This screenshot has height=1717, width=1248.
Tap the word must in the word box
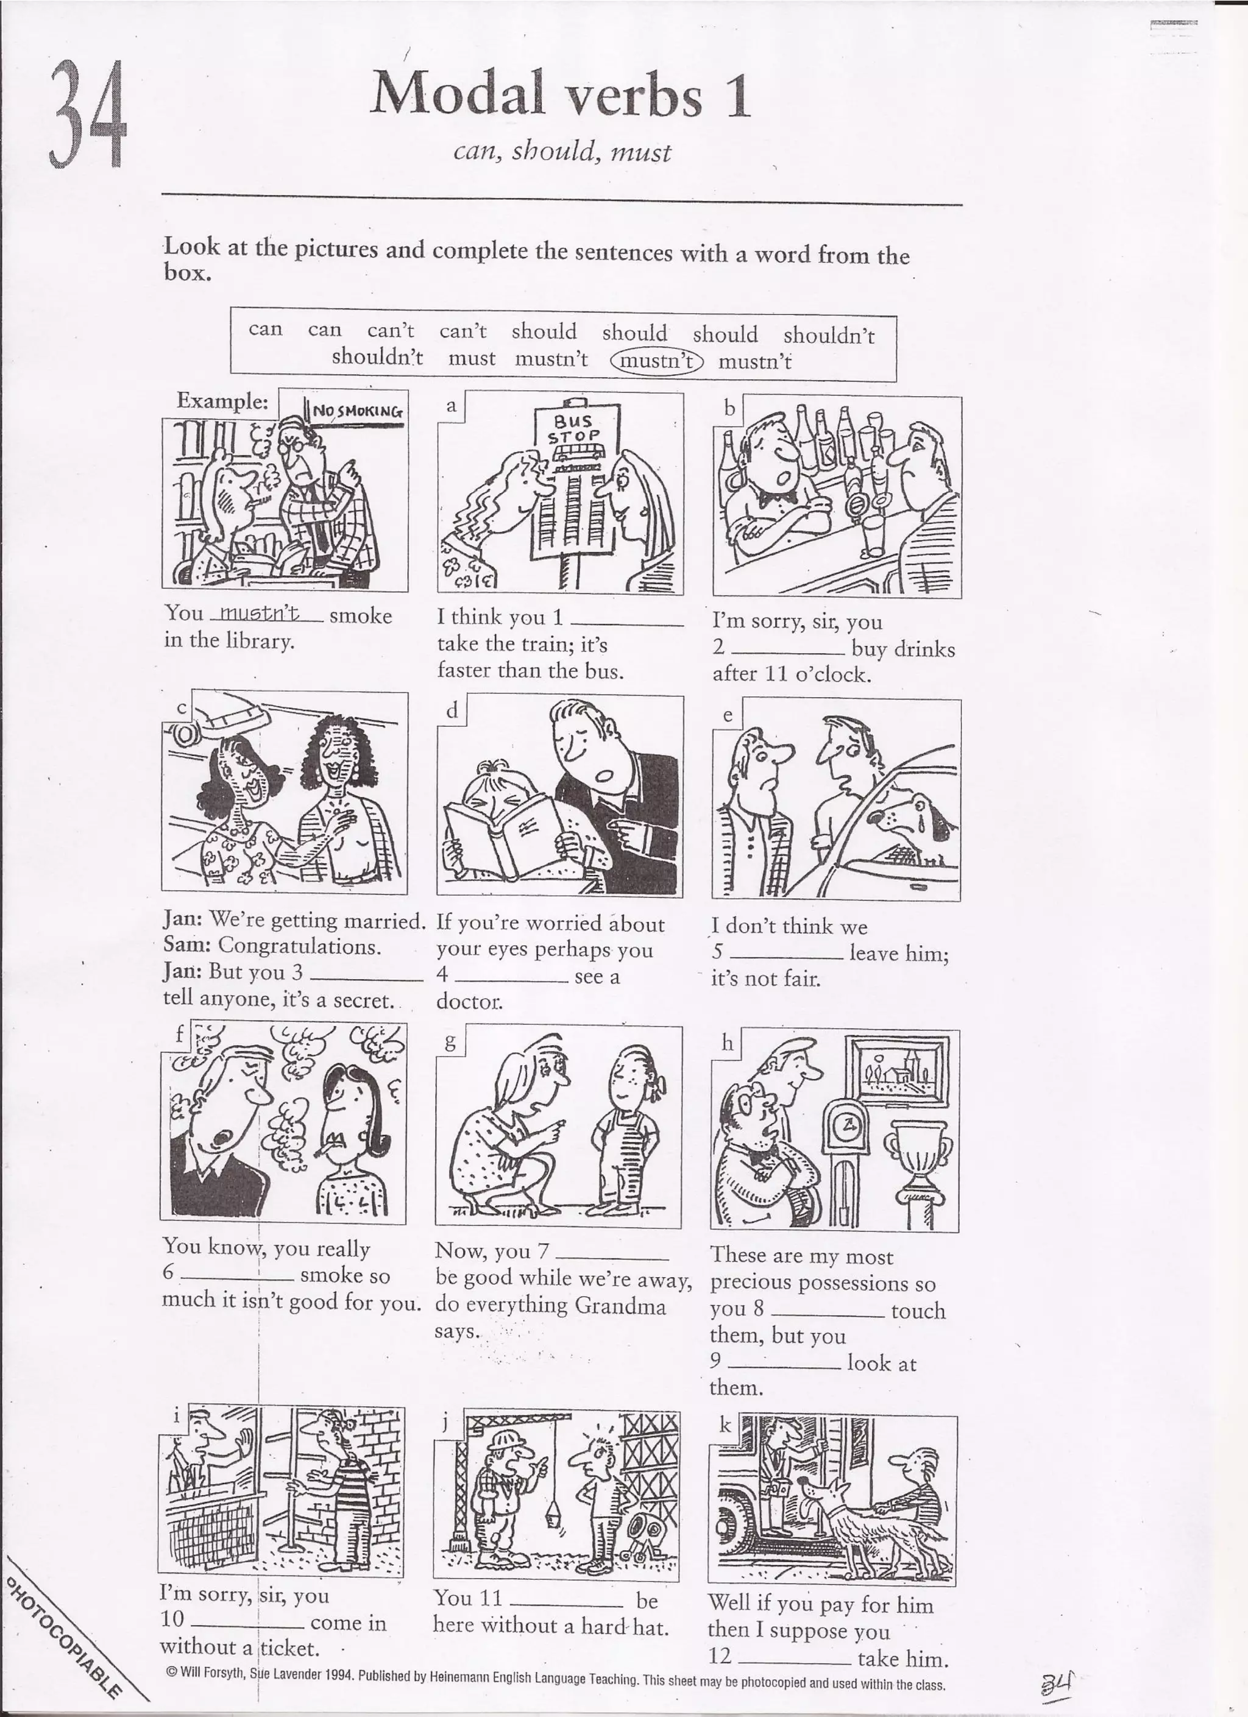pyautogui.click(x=471, y=358)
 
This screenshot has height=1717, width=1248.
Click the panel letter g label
pyautogui.click(x=450, y=1043)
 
